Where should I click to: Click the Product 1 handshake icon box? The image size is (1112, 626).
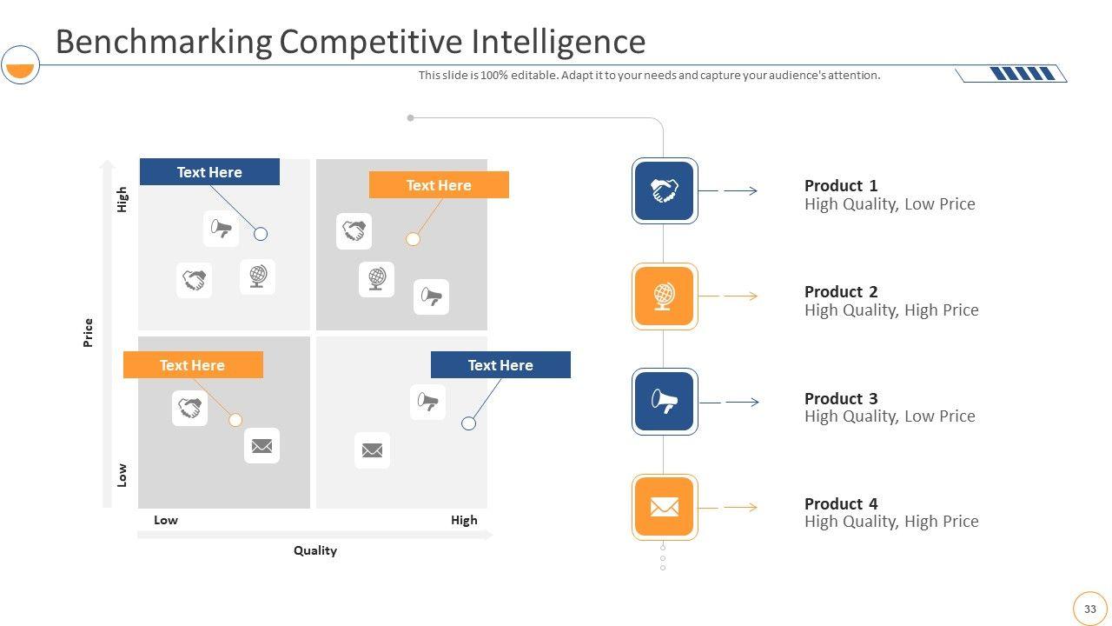pos(665,190)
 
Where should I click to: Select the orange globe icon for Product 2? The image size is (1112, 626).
pos(665,296)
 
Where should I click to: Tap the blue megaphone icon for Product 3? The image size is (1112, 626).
pos(665,402)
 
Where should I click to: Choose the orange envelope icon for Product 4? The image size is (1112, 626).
pos(665,507)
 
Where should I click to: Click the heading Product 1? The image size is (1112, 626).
pos(841,185)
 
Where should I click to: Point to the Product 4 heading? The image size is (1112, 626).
pos(841,503)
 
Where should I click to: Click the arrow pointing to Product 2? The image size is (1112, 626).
pos(740,296)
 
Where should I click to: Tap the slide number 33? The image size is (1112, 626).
pos(1090,609)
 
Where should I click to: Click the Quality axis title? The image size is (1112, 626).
pos(315,550)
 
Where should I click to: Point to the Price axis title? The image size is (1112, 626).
pos(88,333)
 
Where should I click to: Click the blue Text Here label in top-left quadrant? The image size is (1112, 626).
pos(209,172)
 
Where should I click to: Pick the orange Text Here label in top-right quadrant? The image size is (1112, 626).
pos(439,185)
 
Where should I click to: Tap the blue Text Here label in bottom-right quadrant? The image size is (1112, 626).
pos(500,365)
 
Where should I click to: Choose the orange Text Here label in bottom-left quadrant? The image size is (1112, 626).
pos(193,365)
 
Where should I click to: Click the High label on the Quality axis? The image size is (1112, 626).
pos(464,520)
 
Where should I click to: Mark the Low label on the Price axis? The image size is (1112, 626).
pos(122,474)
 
